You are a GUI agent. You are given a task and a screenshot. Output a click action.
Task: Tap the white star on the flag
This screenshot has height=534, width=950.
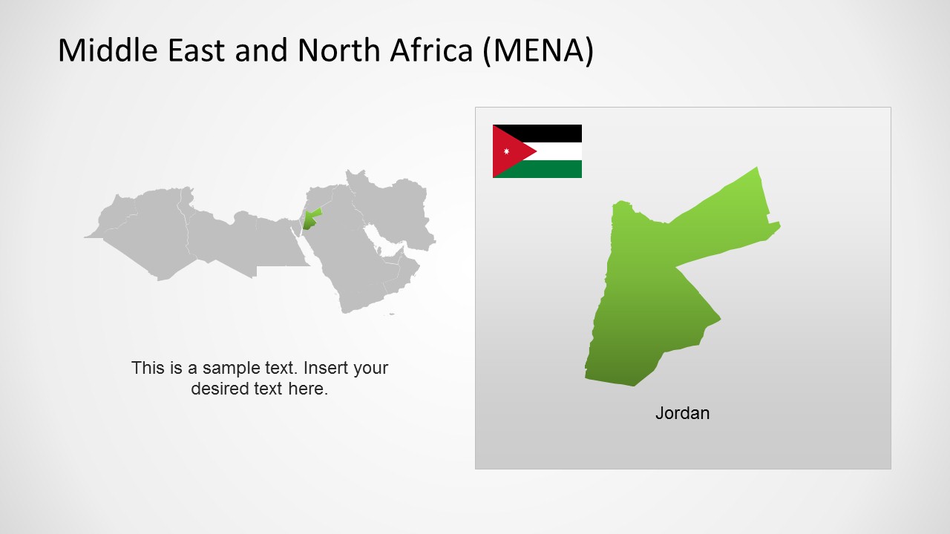coord(507,151)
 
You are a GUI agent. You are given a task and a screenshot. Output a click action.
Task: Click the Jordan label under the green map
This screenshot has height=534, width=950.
coord(682,413)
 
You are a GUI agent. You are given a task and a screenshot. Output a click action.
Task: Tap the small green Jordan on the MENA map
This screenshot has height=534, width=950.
coord(309,220)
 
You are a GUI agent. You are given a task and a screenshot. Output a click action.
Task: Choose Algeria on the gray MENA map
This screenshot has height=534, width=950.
coord(148,230)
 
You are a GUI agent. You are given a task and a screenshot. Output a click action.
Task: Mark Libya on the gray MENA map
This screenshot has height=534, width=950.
coord(223,237)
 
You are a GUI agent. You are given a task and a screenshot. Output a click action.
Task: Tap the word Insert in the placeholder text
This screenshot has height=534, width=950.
coord(327,368)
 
